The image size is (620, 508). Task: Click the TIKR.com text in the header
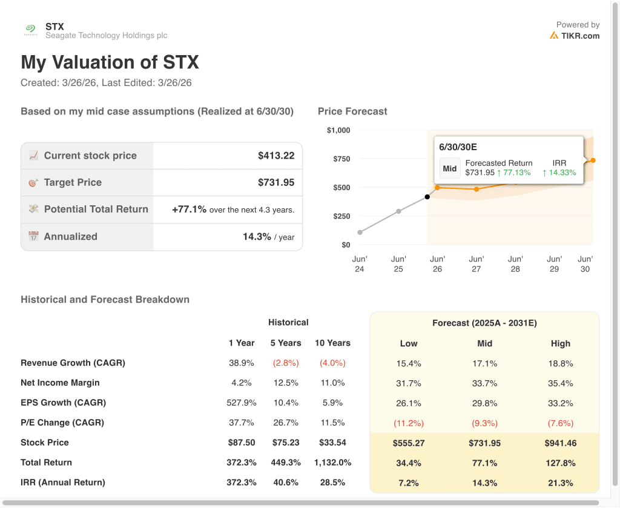point(579,36)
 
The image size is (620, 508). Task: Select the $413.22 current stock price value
point(276,156)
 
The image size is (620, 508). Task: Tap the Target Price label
point(73,182)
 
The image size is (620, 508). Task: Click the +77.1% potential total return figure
point(190,209)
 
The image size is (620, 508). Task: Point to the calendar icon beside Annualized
point(33,237)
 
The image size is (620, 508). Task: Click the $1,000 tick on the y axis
point(338,130)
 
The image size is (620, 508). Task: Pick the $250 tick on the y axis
point(341,216)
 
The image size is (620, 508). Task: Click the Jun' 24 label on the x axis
point(360,264)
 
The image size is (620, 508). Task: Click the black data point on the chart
point(427,197)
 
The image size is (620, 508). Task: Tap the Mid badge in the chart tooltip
point(450,168)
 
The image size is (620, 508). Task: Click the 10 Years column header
point(332,343)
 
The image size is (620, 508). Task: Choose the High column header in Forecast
point(561,343)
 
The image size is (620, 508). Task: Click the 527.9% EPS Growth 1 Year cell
point(242,403)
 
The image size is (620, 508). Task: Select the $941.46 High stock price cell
point(561,443)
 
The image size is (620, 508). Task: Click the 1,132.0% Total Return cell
point(332,463)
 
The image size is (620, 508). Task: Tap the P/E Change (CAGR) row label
point(62,423)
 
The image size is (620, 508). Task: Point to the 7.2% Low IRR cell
point(409,483)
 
